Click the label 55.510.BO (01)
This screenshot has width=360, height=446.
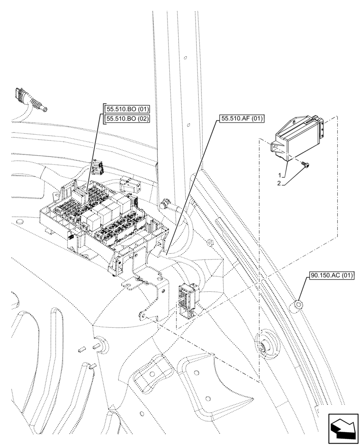pyautogui.click(x=127, y=109)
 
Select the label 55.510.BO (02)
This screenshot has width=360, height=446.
pyautogui.click(x=127, y=119)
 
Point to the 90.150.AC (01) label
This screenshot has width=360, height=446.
pyautogui.click(x=330, y=276)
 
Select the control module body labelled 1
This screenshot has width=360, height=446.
pyautogui.click(x=296, y=136)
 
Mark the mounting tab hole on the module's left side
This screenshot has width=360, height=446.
pyautogui.click(x=276, y=148)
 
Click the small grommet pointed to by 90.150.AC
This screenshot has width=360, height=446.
pyautogui.click(x=297, y=306)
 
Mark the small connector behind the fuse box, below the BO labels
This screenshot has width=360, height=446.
pyautogui.click(x=97, y=169)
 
